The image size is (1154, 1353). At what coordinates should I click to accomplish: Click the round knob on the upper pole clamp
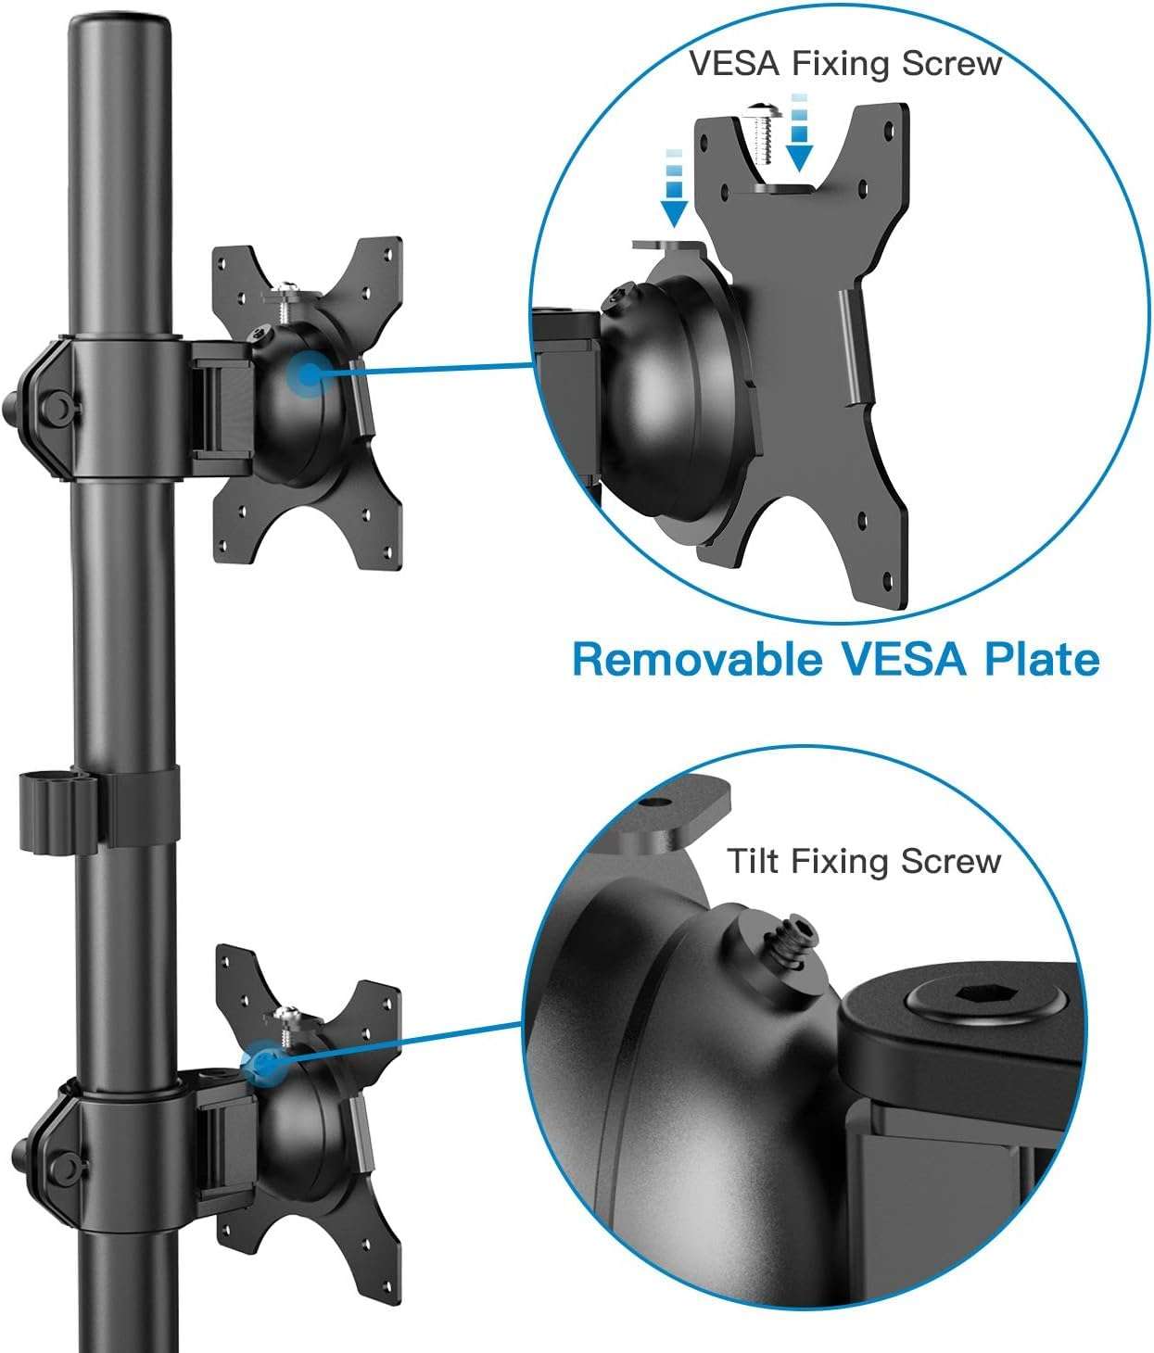55,405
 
